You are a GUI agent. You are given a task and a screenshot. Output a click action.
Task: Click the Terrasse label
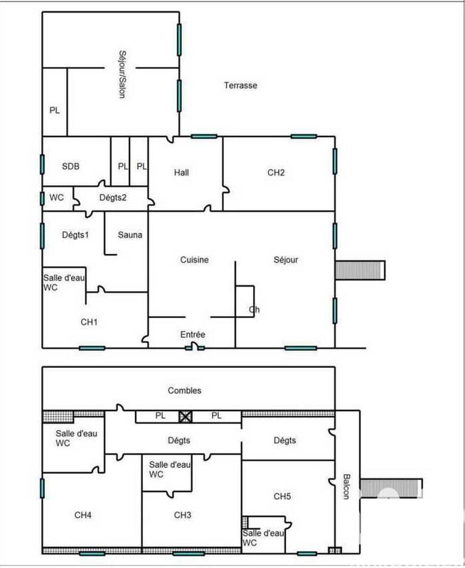[240, 85]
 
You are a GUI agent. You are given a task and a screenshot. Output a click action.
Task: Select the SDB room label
[70, 167]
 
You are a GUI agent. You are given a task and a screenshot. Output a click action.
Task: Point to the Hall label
[181, 173]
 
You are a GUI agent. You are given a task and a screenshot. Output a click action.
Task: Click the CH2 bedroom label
[276, 173]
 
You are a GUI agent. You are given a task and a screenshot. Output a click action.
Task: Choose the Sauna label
[130, 235]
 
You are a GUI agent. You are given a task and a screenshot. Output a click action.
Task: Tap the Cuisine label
[194, 260]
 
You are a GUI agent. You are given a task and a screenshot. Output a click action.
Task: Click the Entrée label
[193, 334]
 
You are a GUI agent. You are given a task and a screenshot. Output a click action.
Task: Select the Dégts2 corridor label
[112, 197]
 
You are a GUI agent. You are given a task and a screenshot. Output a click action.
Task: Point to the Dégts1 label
[75, 235]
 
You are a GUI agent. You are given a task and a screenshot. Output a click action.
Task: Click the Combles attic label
[185, 390]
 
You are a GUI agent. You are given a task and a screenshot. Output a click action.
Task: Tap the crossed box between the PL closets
[186, 417]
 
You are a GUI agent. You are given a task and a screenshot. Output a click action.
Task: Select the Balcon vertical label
[346, 486]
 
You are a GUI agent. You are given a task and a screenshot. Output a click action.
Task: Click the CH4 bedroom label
[84, 515]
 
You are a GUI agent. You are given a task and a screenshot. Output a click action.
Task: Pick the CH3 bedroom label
[184, 515]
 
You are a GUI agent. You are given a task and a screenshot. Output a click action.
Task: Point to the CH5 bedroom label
[284, 496]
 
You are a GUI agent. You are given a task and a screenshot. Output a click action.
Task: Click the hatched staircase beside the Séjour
[360, 271]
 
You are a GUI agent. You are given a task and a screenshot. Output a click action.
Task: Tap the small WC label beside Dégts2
[57, 197]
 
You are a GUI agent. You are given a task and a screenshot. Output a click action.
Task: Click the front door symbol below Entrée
[193, 347]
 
